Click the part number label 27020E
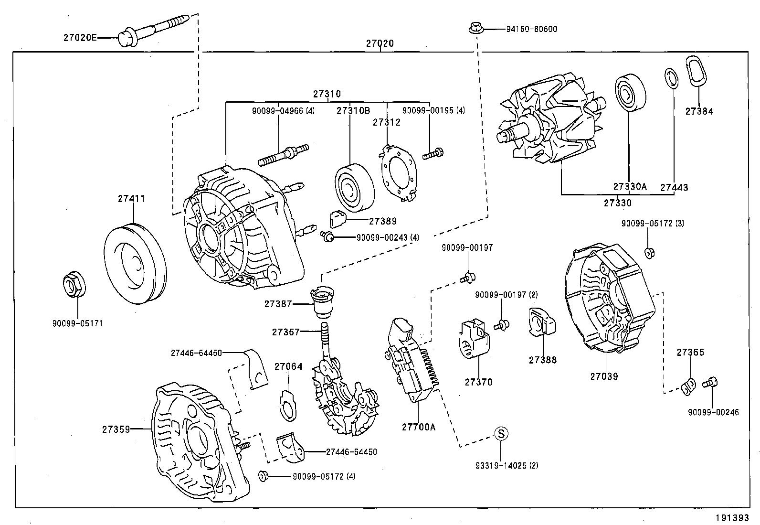tap(80, 37)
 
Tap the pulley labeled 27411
tap(134, 263)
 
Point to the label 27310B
tap(353, 110)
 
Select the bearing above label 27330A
tap(630, 94)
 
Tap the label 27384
tap(699, 111)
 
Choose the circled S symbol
tap(500, 433)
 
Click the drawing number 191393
tap(731, 517)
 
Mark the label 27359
tap(116, 429)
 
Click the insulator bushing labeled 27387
tap(321, 301)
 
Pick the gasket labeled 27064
tap(287, 405)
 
